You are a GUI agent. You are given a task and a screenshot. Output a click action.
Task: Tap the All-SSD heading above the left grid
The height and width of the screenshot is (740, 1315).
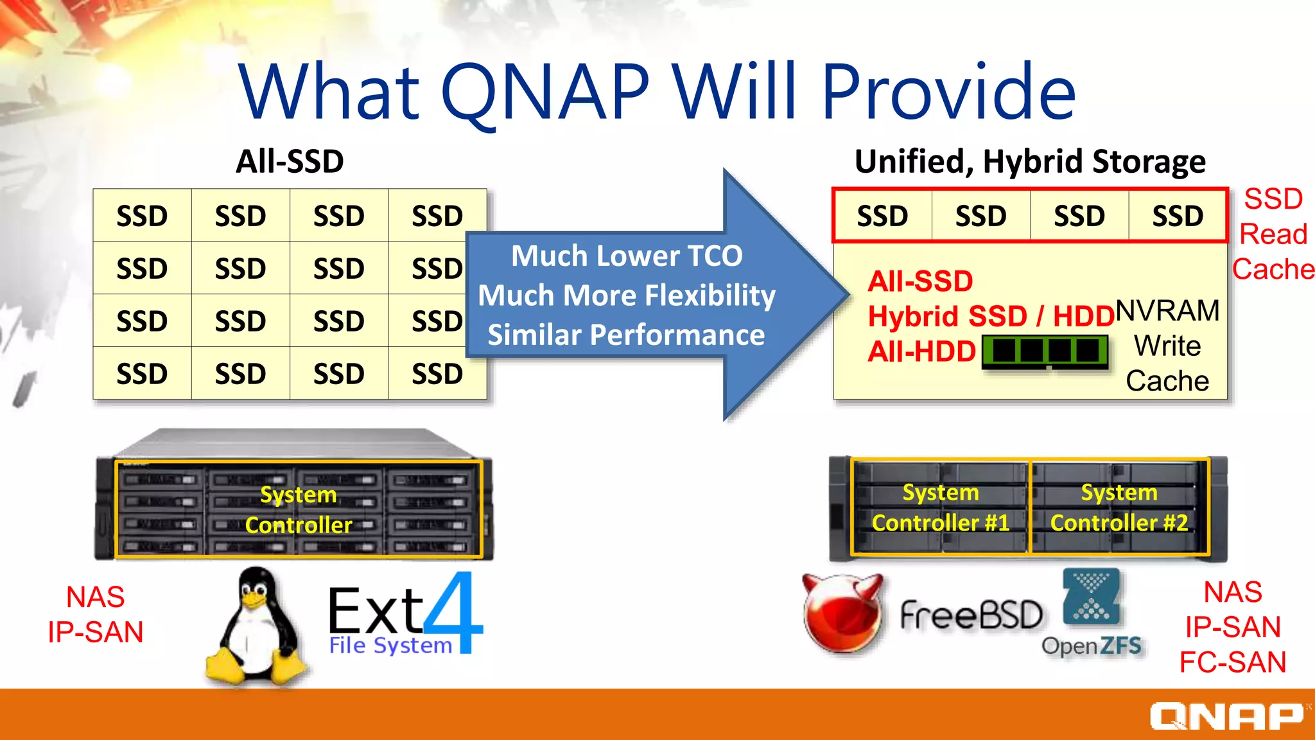pyautogui.click(x=290, y=161)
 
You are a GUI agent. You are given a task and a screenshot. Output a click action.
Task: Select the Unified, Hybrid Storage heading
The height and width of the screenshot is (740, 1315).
pyautogui.click(x=1029, y=161)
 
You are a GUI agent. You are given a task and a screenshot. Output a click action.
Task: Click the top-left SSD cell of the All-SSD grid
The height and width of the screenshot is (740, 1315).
pyautogui.click(x=142, y=216)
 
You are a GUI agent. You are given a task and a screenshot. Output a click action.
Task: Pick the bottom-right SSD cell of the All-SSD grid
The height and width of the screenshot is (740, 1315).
pyautogui.click(x=437, y=374)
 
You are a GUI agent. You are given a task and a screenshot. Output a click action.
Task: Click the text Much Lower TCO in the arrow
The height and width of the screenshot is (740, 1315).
pyautogui.click(x=627, y=256)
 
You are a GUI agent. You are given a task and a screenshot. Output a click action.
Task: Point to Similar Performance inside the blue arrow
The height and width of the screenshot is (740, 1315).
pyautogui.click(x=626, y=335)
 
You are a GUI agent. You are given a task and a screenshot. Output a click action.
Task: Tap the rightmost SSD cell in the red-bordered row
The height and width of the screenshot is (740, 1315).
pyautogui.click(x=1178, y=216)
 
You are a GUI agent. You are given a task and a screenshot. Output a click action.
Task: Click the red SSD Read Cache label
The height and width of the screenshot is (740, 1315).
pyautogui.click(x=1273, y=234)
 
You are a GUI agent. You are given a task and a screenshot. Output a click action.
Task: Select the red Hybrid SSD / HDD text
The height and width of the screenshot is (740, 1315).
pyautogui.click(x=990, y=316)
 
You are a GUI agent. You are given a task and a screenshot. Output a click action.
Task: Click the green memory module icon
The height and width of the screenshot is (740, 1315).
pyautogui.click(x=1045, y=351)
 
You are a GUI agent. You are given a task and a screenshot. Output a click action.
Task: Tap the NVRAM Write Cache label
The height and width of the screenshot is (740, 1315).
pyautogui.click(x=1167, y=346)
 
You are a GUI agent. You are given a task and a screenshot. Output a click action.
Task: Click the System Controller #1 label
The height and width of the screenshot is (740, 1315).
pyautogui.click(x=940, y=507)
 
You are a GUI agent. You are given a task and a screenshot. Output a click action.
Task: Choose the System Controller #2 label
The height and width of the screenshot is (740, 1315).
pyautogui.click(x=1119, y=507)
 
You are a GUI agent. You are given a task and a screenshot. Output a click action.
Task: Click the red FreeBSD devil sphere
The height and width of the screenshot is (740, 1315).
pyautogui.click(x=842, y=613)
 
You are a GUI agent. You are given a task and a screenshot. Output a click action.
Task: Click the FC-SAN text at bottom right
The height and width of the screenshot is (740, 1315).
pyautogui.click(x=1232, y=662)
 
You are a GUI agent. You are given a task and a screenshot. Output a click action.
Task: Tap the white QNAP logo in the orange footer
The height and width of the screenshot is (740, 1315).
pyautogui.click(x=1226, y=716)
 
